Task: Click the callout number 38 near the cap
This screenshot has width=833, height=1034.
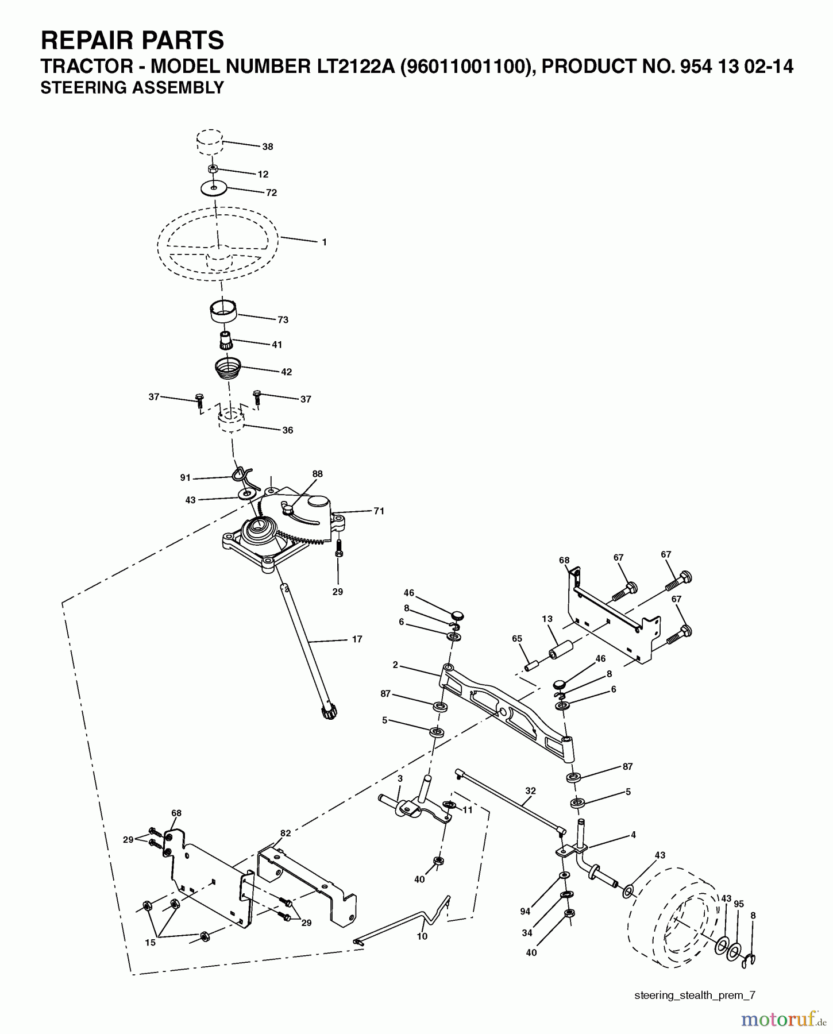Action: (x=268, y=146)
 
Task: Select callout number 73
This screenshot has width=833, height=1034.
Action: (x=283, y=319)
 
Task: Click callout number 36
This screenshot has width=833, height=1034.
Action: (x=287, y=430)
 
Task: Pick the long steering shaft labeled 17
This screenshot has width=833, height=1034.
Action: (x=310, y=649)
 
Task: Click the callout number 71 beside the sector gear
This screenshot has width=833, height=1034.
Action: (x=379, y=511)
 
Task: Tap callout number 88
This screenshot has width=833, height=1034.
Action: (x=317, y=474)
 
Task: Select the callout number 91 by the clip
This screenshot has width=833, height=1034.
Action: (x=185, y=477)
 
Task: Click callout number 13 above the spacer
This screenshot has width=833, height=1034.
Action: (x=547, y=619)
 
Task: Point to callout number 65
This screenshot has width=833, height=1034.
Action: (x=517, y=639)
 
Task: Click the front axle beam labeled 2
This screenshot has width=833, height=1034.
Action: (x=506, y=707)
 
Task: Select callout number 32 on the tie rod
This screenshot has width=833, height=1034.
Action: (x=530, y=790)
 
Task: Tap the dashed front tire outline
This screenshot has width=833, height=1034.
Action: (x=672, y=919)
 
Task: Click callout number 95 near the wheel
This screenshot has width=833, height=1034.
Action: (x=739, y=904)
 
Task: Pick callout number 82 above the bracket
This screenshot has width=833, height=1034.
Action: (x=286, y=833)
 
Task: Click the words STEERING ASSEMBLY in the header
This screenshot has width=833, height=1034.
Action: (x=132, y=88)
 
